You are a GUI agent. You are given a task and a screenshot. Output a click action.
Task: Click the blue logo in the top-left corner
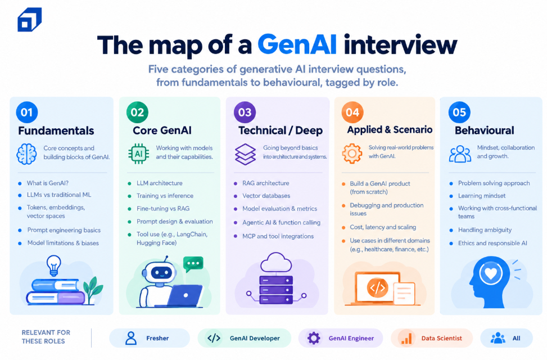coord(30,20)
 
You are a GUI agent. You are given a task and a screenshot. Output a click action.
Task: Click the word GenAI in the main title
coord(297,44)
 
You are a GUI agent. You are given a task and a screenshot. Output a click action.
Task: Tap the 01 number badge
coord(27,112)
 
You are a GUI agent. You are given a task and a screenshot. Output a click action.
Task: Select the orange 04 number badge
coord(352,112)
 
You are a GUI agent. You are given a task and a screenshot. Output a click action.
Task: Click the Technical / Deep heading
coord(281,130)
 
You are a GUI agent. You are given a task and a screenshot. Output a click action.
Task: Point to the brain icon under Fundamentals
coord(26,154)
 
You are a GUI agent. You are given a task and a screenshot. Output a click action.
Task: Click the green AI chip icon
coord(138,154)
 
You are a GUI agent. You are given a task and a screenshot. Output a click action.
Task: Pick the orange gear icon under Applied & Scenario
coord(352,154)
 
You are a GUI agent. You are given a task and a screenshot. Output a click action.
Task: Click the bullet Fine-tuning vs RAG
coord(163,209)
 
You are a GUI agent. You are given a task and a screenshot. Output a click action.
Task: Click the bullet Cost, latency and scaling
coord(383,227)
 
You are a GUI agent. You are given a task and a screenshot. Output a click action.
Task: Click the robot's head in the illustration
coord(160,271)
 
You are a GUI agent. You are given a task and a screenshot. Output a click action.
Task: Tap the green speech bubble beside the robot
coord(193,264)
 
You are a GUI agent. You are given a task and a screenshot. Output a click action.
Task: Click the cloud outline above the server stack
coord(276,263)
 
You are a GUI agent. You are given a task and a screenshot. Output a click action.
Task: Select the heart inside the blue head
coord(490,273)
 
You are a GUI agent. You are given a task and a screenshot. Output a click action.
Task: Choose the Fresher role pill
coord(150,338)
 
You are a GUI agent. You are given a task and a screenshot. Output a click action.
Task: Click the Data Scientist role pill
coord(432,338)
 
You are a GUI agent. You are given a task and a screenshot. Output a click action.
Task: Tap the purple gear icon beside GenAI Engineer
coord(313,338)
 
